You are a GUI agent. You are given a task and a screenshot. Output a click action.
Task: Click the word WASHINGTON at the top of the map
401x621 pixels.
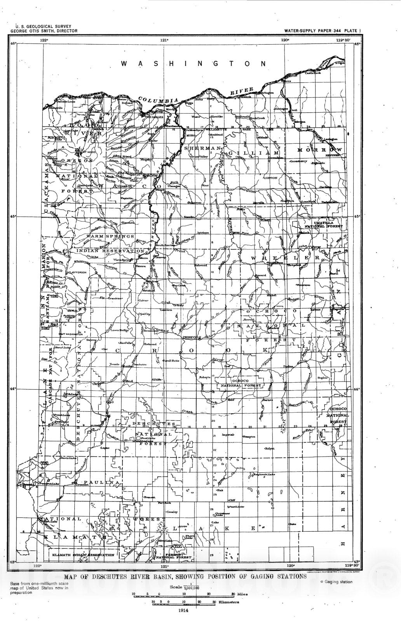(x=194, y=63)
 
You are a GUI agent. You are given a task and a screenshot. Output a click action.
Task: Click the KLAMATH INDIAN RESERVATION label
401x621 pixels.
(x=83, y=555)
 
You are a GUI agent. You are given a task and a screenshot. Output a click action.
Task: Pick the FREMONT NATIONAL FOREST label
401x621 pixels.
(x=179, y=556)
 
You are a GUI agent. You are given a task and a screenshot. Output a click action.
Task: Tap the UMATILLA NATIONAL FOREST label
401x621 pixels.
(x=323, y=224)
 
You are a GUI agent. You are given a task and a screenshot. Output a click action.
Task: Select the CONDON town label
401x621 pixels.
(x=270, y=178)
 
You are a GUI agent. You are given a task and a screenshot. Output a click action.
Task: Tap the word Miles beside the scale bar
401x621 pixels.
(x=241, y=594)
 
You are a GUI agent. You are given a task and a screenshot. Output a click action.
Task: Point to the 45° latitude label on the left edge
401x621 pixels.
(x=13, y=217)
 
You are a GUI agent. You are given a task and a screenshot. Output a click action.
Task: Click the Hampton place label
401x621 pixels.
(x=249, y=437)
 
